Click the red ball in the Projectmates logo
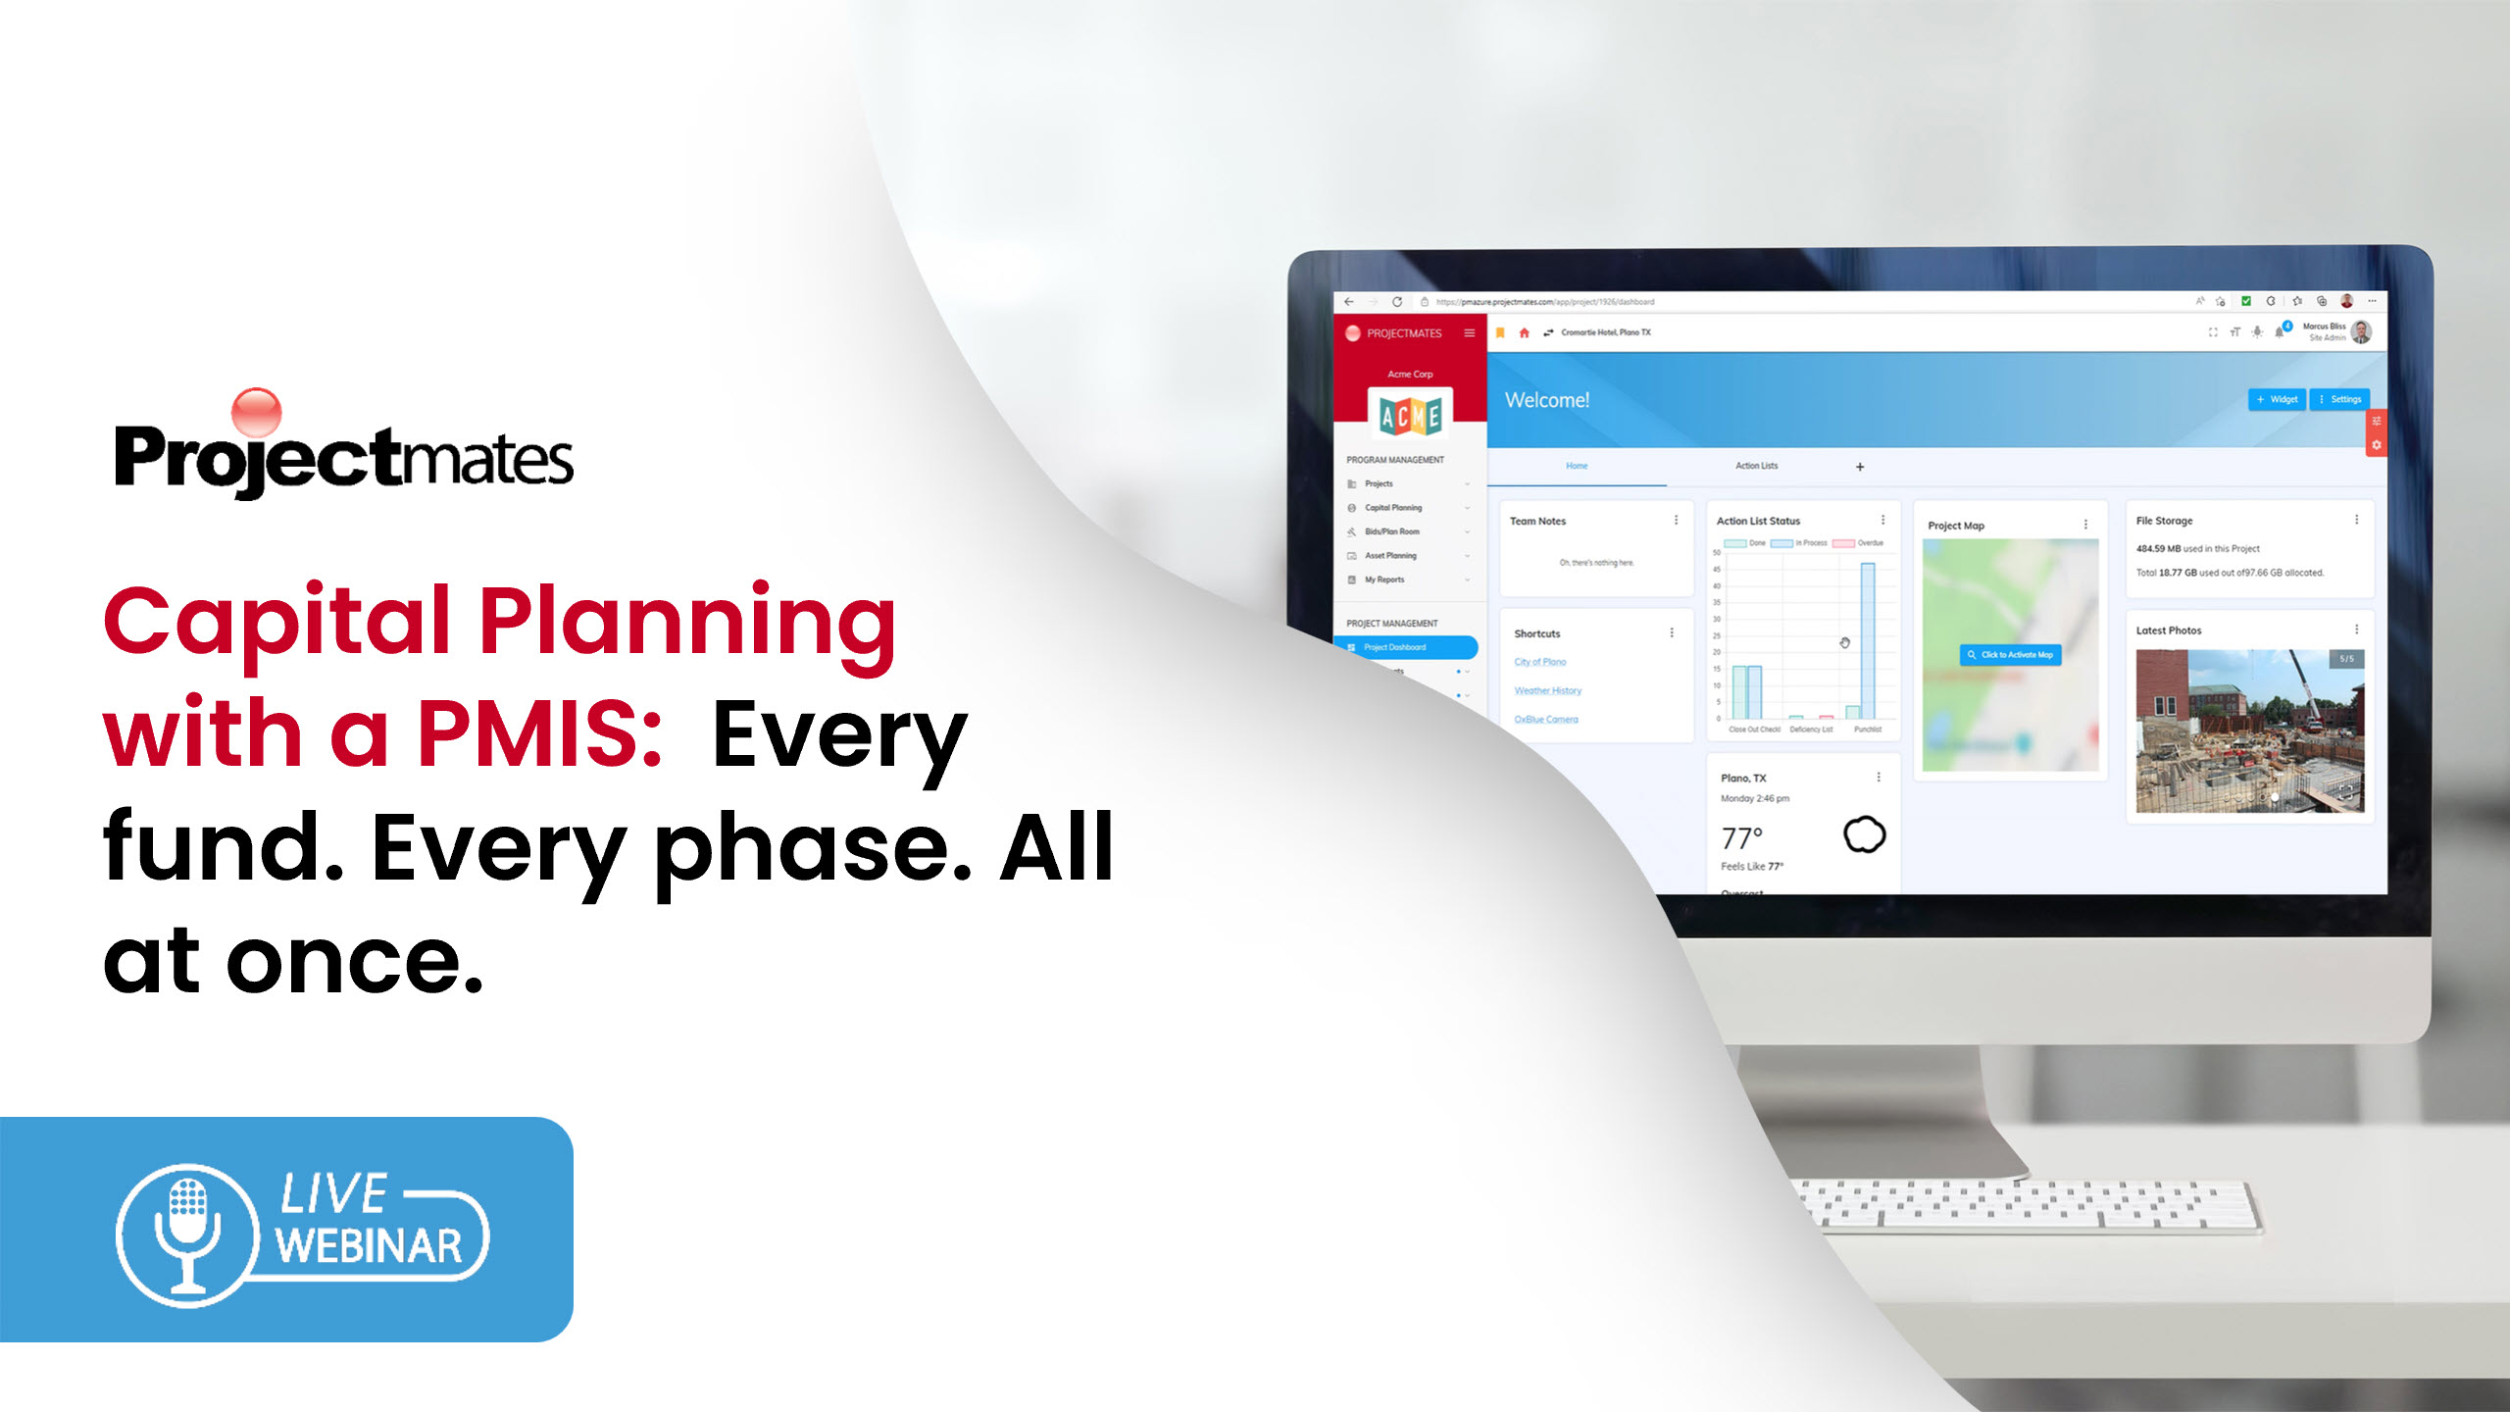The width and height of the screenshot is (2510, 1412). click(256, 412)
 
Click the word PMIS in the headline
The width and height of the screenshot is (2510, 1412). click(539, 733)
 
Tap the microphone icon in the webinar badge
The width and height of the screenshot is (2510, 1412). click(187, 1234)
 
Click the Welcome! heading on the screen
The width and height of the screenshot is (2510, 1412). click(1547, 400)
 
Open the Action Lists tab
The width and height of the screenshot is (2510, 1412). click(1756, 466)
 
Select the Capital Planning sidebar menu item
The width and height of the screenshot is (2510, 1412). click(1392, 508)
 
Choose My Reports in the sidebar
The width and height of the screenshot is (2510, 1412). click(1383, 580)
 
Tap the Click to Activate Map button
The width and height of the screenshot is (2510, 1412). click(2010, 655)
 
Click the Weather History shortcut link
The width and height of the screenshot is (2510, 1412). click(1547, 690)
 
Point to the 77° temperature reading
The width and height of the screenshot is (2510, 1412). click(1742, 838)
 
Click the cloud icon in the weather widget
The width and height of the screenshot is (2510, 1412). click(1864, 835)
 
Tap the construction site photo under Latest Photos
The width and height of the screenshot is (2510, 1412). click(2249, 731)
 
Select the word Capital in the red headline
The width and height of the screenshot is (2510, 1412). click(276, 622)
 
